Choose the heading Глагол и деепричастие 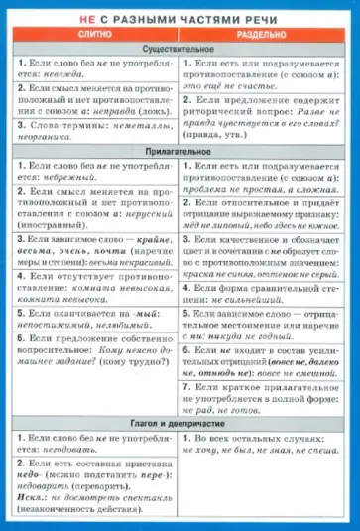[x=180, y=422]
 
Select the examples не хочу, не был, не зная [x=263, y=448]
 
